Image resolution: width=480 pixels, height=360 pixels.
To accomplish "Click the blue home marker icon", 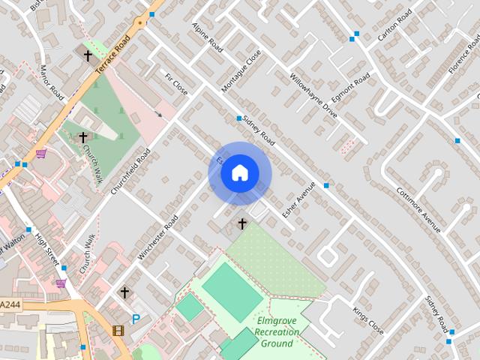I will pyautogui.click(x=239, y=173).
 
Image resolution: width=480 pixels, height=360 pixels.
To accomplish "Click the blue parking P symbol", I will pyautogui.click(x=136, y=319).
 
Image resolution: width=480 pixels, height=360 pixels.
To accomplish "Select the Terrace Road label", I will pyautogui.click(x=113, y=49).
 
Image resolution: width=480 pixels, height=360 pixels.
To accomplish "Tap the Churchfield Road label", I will pyautogui.click(x=131, y=172).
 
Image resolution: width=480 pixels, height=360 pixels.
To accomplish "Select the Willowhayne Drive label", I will pyautogui.click(x=313, y=95).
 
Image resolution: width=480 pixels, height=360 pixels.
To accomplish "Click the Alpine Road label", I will pyautogui.click(x=207, y=37).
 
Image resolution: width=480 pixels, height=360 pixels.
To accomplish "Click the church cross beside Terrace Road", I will pyautogui.click(x=88, y=55).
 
